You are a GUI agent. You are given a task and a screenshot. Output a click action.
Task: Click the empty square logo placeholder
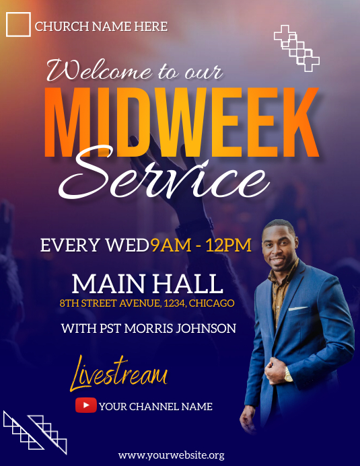pyautogui.click(x=18, y=24)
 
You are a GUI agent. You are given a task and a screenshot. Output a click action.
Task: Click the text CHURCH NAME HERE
pyautogui.click(x=101, y=27)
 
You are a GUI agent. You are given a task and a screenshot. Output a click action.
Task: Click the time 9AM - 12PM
pyautogui.click(x=201, y=245)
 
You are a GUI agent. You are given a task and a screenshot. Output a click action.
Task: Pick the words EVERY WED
pyautogui.click(x=94, y=245)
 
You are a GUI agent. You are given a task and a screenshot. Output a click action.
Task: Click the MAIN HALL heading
pyautogui.click(x=147, y=282)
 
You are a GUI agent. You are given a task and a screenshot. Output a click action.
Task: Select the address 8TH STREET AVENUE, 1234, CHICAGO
pyautogui.click(x=147, y=303)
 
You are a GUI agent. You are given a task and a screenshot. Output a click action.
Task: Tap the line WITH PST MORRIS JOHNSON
pyautogui.click(x=149, y=329)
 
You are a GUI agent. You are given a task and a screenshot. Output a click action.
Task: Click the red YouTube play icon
pyautogui.click(x=85, y=405)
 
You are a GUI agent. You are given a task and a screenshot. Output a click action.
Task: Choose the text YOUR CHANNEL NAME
pyautogui.click(x=155, y=406)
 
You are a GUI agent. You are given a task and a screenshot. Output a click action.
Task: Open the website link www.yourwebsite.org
pyautogui.click(x=171, y=455)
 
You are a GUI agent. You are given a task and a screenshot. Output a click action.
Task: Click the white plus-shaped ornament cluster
pyautogui.click(x=297, y=48)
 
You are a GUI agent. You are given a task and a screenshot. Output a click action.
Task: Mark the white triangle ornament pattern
pyautogui.click(x=35, y=432)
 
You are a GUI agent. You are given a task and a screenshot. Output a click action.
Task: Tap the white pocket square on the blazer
pyautogui.click(x=298, y=308)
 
